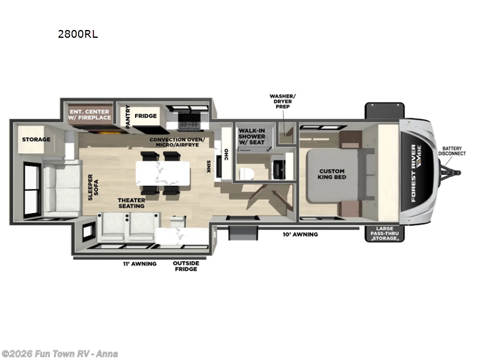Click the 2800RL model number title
tap(78, 34)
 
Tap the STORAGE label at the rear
tap(36, 140)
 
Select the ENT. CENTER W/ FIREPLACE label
tap(89, 115)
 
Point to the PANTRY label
tap(128, 116)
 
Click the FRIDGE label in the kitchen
tap(146, 116)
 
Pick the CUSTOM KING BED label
tap(332, 174)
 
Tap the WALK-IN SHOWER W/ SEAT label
tap(251, 136)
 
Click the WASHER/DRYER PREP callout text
tap(283, 101)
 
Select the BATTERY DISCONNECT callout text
tap(452, 151)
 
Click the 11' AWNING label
tap(140, 263)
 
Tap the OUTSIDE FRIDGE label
tap(186, 266)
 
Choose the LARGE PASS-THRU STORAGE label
tap(385, 233)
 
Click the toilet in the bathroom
tap(247, 173)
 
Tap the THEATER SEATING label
tap(131, 203)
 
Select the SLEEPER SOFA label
tap(93, 187)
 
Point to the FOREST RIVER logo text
tap(413, 173)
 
